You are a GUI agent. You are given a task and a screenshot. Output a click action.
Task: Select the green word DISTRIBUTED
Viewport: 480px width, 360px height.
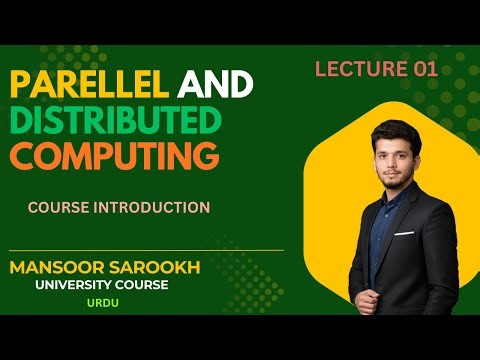(x=115, y=121)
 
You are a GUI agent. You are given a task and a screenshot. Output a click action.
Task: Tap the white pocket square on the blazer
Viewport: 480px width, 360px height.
(x=403, y=233)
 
